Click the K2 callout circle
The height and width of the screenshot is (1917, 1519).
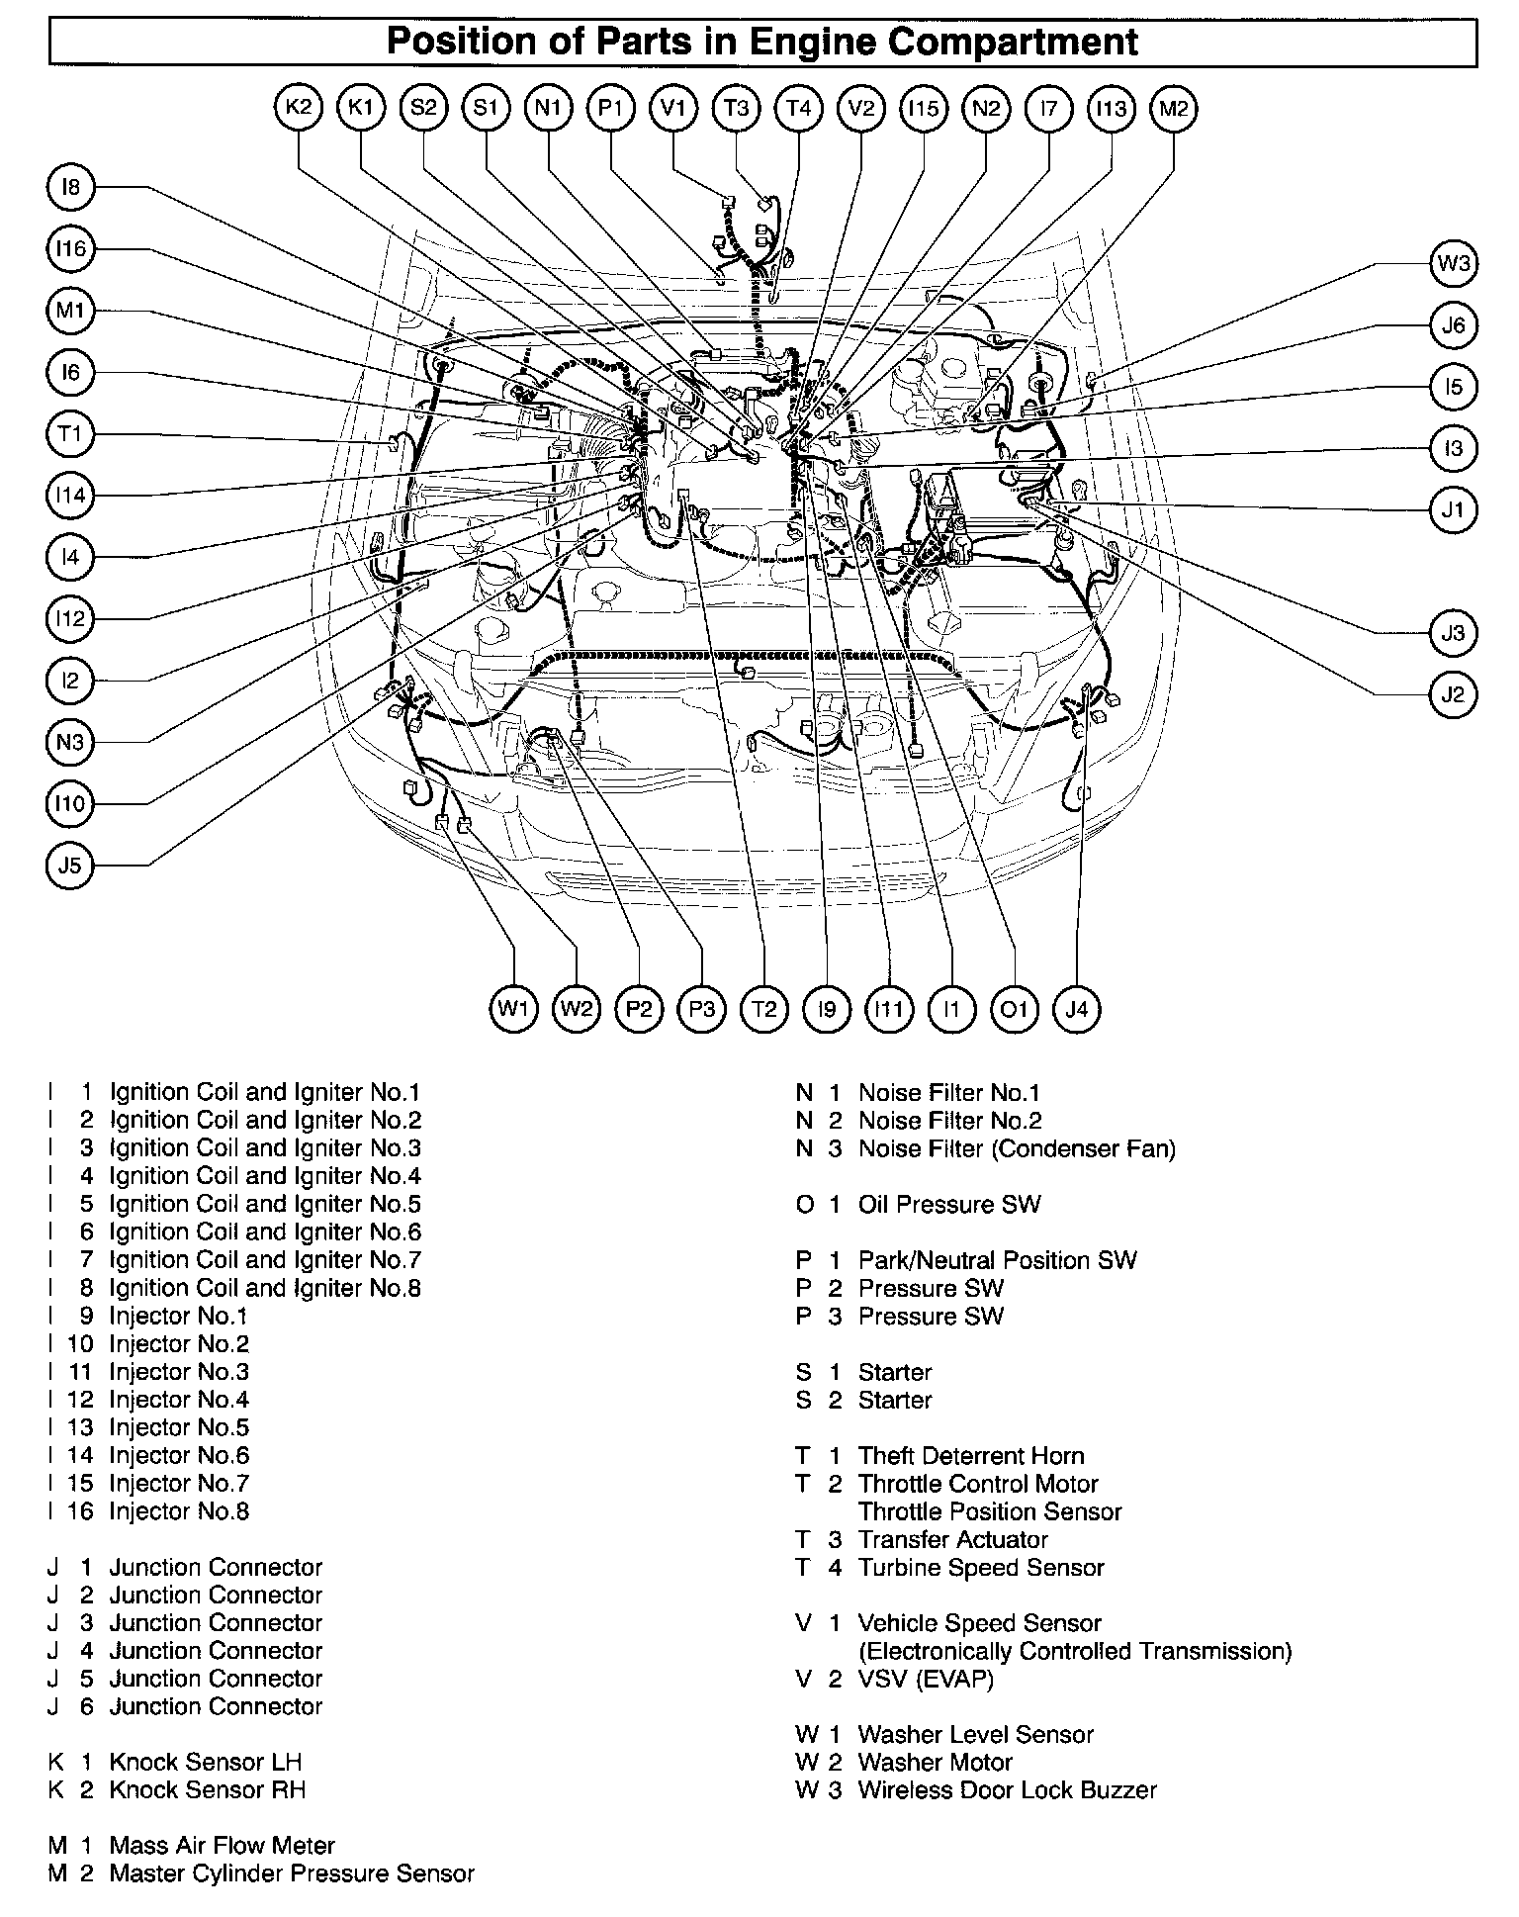coord(298,108)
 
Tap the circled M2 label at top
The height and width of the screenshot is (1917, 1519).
coord(1174,108)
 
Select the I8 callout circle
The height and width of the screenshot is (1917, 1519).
coord(70,187)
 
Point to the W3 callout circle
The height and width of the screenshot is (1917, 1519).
coord(1453,264)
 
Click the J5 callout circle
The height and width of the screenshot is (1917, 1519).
coord(70,866)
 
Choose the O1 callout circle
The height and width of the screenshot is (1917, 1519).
coord(1015,1009)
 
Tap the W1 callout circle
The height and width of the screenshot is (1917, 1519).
coord(514,1009)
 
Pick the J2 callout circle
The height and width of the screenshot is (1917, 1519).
coord(1453,694)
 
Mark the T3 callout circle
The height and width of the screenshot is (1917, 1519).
coord(737,108)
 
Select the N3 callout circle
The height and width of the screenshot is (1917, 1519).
coord(70,742)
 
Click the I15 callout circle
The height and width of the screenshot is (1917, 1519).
coord(924,108)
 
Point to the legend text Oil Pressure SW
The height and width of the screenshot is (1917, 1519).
coord(948,1205)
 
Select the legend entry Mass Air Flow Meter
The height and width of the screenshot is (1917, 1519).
coord(222,1846)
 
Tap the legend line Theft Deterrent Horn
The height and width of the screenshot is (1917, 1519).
coord(970,1456)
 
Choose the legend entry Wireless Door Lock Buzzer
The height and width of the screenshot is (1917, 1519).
coord(1007,1790)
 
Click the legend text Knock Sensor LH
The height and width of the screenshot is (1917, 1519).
coord(205,1763)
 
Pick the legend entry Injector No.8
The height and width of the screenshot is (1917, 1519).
coord(178,1511)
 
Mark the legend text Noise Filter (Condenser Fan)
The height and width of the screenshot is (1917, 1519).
coord(1016,1149)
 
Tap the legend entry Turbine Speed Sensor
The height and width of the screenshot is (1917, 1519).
coord(980,1568)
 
